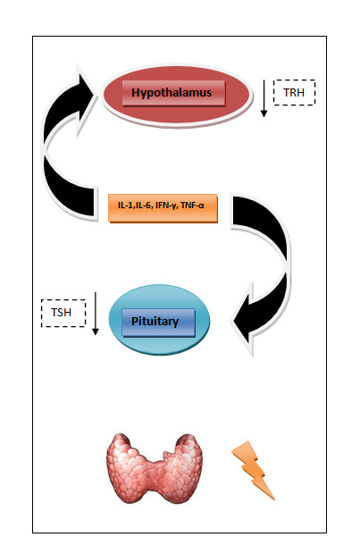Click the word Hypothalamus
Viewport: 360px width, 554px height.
[172, 93]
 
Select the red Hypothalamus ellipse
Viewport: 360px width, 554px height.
[178, 96]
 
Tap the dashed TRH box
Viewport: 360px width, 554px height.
[294, 93]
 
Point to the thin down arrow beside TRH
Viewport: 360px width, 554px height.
[264, 98]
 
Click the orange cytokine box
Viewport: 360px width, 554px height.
[163, 207]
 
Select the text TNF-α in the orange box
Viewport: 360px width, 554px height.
[193, 206]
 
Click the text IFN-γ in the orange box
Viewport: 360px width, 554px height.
[167, 206]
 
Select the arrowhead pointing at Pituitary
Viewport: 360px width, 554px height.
[243, 319]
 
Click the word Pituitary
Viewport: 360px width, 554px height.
[155, 322]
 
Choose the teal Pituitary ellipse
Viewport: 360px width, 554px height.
[159, 320]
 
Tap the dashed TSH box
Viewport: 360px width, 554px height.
[63, 313]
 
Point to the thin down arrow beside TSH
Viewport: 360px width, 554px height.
[95, 314]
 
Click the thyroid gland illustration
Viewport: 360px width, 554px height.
[154, 468]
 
